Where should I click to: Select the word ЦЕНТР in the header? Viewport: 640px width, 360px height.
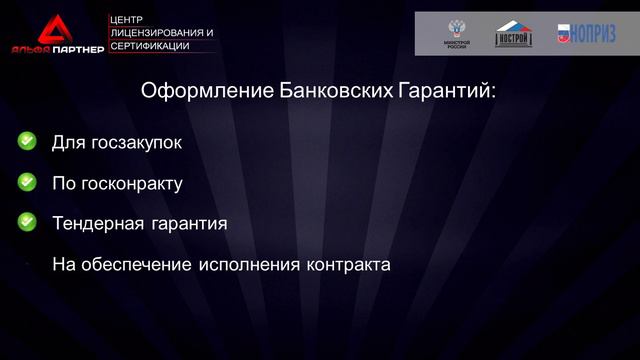[x=128, y=19]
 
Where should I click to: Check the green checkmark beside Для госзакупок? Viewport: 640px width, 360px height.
[x=27, y=142]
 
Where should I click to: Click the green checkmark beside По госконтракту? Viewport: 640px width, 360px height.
[x=27, y=182]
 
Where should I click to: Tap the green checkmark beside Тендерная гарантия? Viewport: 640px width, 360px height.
[x=27, y=222]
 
